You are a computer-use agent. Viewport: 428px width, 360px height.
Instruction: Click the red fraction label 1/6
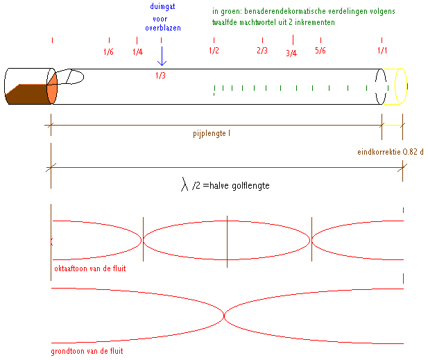(108, 52)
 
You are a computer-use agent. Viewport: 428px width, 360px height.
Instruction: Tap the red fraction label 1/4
(137, 52)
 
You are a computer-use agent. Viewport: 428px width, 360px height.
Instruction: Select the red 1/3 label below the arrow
(160, 76)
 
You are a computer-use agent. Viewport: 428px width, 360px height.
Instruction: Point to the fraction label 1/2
(214, 51)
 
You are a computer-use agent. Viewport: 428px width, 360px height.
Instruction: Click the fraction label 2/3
(262, 51)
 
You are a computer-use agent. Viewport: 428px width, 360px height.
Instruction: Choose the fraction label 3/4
(291, 53)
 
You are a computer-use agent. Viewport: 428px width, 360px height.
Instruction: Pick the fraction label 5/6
(320, 51)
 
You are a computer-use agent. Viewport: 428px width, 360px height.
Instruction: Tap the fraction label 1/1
(382, 51)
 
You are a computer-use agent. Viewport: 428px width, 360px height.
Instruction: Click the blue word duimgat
(161, 6)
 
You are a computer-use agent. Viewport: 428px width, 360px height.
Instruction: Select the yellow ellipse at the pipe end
(401, 86)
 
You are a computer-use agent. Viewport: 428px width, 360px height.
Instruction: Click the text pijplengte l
(212, 132)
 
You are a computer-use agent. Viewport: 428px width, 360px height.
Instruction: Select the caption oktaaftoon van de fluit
(89, 267)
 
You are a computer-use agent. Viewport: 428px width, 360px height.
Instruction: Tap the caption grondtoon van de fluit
(87, 351)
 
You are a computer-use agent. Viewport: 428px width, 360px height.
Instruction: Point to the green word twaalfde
(228, 22)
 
